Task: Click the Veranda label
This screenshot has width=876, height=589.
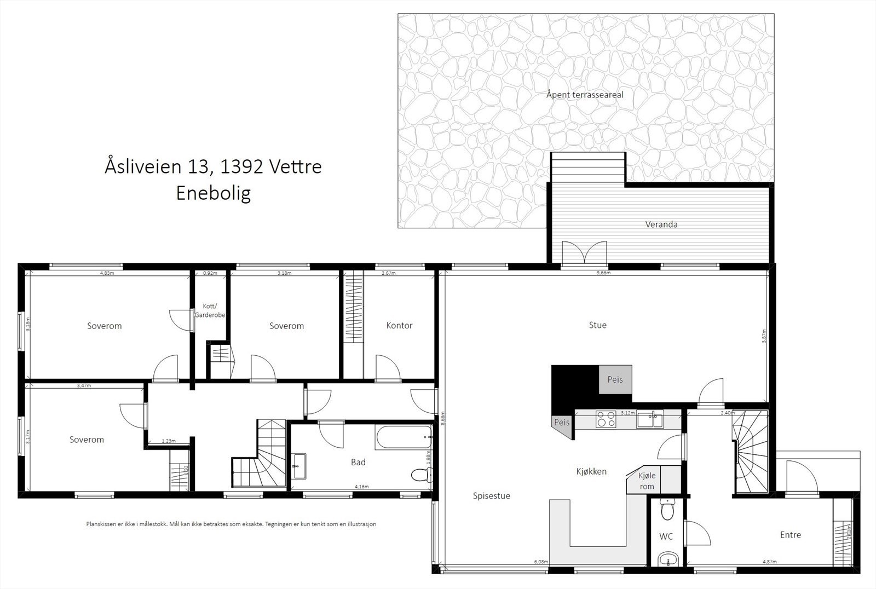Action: click(x=661, y=224)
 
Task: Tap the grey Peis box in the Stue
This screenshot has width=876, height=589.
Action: click(x=615, y=379)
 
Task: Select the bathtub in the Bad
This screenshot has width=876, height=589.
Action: click(x=404, y=437)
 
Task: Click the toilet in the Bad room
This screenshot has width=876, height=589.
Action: click(x=419, y=475)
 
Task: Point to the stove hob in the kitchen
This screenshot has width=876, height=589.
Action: click(x=606, y=419)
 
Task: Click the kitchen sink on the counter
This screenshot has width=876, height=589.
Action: click(x=649, y=420)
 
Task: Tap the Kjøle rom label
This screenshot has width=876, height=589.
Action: click(x=647, y=481)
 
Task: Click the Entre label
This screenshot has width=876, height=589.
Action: click(x=790, y=535)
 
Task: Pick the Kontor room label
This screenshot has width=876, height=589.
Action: click(x=399, y=325)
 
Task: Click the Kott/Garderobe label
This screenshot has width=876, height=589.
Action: click(x=210, y=310)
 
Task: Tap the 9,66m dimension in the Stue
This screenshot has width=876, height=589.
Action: click(x=602, y=273)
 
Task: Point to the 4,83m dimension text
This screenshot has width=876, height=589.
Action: click(x=107, y=273)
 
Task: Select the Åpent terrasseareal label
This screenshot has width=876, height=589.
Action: click(x=585, y=95)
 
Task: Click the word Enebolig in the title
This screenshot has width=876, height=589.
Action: click(x=213, y=193)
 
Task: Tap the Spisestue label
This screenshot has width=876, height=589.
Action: click(x=491, y=496)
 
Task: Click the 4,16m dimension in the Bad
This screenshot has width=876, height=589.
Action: click(x=361, y=486)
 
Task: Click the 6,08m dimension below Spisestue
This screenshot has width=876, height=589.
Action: click(x=540, y=562)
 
